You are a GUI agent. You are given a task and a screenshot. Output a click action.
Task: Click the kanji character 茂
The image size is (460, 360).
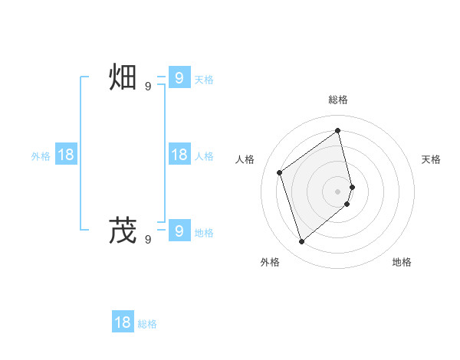click(x=123, y=231)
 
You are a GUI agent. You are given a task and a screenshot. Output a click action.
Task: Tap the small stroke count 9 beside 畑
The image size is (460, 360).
click(x=148, y=87)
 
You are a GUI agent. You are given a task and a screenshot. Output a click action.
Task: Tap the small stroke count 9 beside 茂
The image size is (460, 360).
click(x=148, y=239)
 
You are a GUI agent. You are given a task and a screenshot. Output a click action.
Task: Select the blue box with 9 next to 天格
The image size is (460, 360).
click(x=179, y=78)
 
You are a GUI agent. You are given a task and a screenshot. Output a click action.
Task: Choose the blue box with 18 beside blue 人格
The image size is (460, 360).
click(x=179, y=155)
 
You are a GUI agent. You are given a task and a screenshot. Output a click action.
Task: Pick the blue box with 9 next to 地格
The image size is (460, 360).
click(x=179, y=231)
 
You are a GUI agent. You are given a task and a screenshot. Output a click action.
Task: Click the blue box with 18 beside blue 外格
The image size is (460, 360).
click(x=66, y=155)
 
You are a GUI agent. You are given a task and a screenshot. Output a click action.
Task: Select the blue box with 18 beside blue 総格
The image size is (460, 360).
click(x=123, y=322)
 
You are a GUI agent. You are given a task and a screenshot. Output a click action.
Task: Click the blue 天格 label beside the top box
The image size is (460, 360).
click(x=204, y=80)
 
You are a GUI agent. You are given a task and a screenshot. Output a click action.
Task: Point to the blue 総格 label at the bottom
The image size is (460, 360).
click(x=147, y=324)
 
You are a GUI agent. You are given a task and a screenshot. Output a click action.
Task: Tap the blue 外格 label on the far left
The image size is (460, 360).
click(x=41, y=156)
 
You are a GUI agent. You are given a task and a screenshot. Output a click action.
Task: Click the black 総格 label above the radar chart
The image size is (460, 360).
click(x=338, y=100)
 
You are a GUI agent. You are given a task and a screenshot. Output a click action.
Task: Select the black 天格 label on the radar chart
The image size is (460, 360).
click(x=432, y=159)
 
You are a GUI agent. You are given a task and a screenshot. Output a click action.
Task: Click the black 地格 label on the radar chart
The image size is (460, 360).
click(x=402, y=262)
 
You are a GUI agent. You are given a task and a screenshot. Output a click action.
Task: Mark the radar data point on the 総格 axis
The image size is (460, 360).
click(x=338, y=130)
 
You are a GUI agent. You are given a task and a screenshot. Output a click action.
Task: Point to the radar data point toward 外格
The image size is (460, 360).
click(x=302, y=242)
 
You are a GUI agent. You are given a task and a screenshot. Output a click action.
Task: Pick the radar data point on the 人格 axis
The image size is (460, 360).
click(x=280, y=172)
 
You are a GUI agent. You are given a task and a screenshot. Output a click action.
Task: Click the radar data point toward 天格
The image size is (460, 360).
click(x=353, y=186)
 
